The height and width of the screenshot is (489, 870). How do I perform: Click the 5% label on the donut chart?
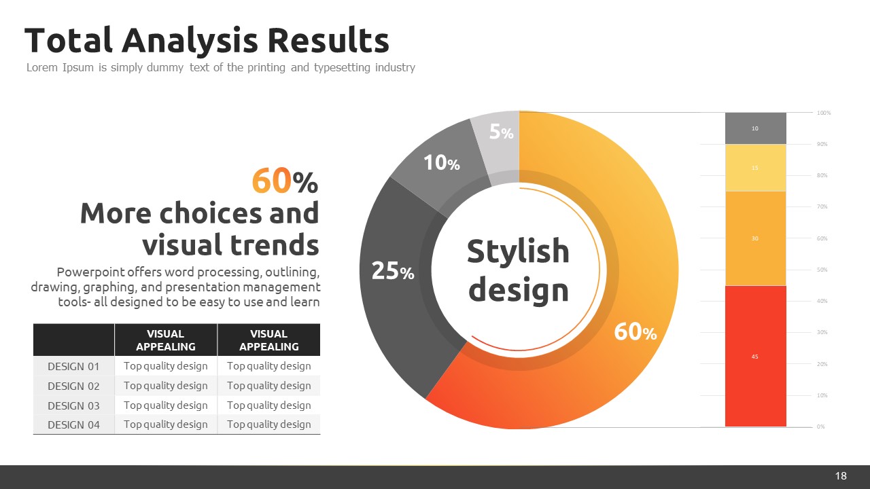(501, 132)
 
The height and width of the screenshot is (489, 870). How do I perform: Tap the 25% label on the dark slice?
(393, 270)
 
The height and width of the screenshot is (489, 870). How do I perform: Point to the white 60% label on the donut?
(636, 332)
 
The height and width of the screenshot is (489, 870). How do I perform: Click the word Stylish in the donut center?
(518, 251)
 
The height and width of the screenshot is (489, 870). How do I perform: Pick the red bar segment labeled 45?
(755, 356)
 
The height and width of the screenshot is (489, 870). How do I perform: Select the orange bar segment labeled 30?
(755, 238)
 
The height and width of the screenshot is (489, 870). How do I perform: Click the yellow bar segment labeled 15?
(755, 168)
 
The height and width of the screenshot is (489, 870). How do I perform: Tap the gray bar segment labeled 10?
(755, 128)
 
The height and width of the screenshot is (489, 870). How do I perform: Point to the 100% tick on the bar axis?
(824, 113)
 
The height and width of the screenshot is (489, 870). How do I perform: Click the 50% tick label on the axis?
(822, 270)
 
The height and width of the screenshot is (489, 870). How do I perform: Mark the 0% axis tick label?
(820, 427)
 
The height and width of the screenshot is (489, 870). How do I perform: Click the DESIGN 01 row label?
(73, 366)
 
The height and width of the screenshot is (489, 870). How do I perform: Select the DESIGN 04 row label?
(73, 425)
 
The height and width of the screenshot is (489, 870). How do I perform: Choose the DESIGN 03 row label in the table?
(73, 405)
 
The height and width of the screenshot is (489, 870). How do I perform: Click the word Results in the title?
(328, 40)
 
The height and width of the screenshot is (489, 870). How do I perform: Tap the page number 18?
(841, 476)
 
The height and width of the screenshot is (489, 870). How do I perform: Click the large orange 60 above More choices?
(271, 181)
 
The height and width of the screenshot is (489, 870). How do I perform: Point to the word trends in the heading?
(274, 245)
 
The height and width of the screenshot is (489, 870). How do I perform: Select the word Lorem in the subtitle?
(42, 67)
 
